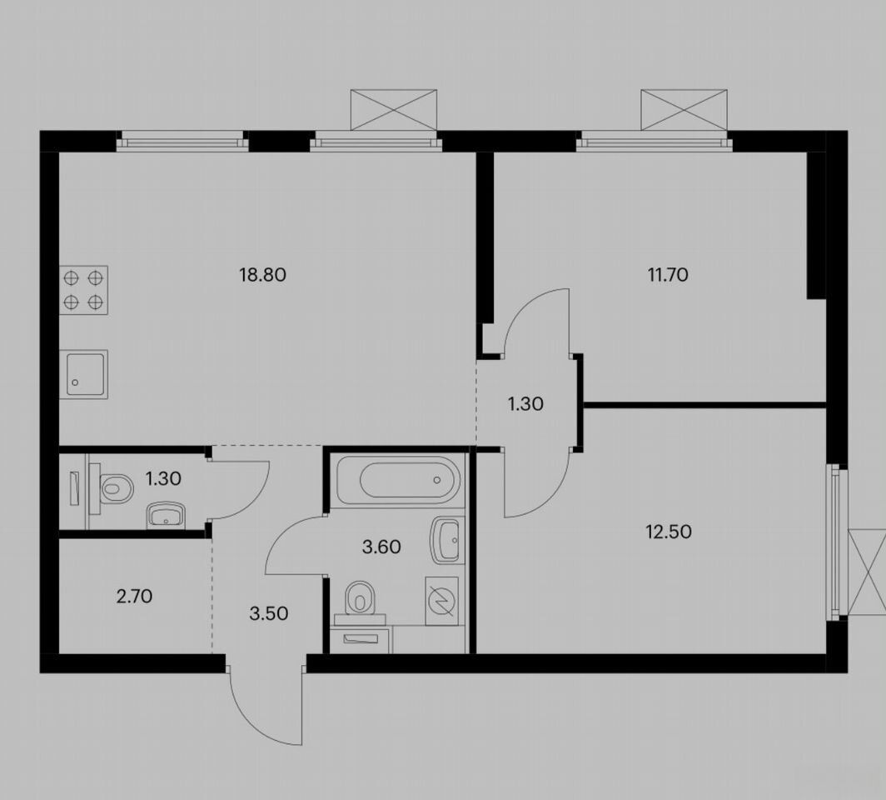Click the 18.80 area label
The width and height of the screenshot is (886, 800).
pos(263,275)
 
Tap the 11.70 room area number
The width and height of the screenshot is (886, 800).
pos(667,275)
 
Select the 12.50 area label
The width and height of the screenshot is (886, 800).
pos(669,532)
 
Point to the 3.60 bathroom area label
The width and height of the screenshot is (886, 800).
pos(381,547)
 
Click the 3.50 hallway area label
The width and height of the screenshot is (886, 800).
pos(269,613)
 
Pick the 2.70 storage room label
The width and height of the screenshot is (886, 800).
pos(135,597)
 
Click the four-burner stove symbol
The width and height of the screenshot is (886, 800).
pos(83,290)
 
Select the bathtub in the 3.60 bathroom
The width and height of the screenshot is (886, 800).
pos(398,480)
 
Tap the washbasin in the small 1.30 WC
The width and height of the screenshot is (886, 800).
pos(166,515)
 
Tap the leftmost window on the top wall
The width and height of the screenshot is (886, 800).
pos(182,140)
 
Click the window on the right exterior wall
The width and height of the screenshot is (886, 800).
pos(837,542)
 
